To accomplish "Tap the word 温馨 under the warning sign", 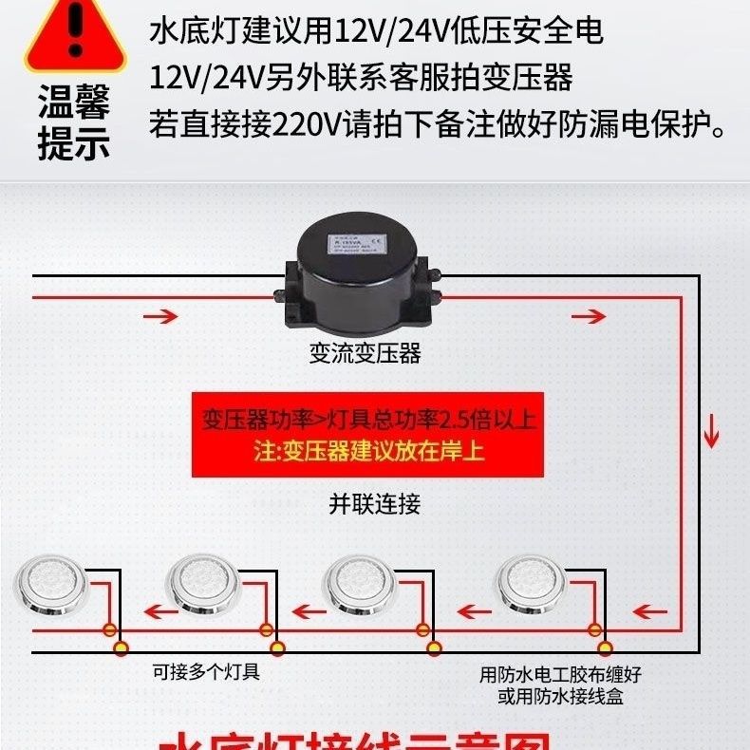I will [74, 103].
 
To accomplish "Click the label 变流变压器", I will [365, 354].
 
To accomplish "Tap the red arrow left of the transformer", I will [161, 315].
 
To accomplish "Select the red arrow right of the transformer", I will [588, 315].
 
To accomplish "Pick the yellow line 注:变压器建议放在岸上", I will [368, 450].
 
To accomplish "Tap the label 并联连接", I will [374, 503].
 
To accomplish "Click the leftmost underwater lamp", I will [47, 582].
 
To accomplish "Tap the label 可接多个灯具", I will [206, 672].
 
